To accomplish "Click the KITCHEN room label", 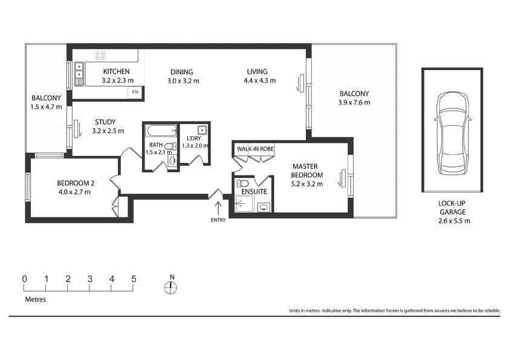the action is coord(116,71).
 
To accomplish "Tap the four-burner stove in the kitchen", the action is coord(100,55).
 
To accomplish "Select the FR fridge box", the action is coord(135,93).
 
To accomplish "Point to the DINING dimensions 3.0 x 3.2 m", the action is coord(183,81).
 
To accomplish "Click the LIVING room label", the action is coord(257,71).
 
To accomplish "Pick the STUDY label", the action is coord(105,122).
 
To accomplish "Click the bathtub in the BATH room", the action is coord(161,131).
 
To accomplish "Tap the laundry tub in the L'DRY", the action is coord(203,130).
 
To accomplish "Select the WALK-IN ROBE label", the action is coord(255,149).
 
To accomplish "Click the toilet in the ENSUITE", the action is coord(243,183).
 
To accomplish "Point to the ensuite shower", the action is coord(244,204).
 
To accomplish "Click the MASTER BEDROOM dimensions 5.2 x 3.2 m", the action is coord(306,184).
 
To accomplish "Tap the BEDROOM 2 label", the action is coord(76,183).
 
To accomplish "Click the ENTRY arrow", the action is coord(218,208).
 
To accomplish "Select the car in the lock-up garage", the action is coord(453,134).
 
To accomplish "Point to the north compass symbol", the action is coord(170,287).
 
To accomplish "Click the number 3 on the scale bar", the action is coord(90,279).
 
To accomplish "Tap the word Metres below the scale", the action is coord(36,299).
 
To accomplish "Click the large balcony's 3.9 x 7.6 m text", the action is coord(354,103).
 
